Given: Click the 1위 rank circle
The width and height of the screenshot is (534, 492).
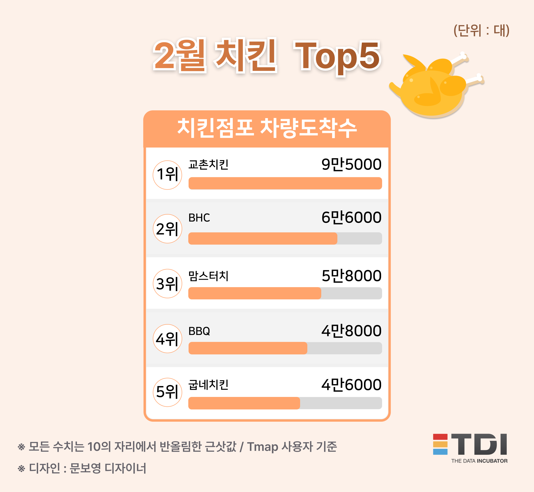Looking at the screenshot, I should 167,175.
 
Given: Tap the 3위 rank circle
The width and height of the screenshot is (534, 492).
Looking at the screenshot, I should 167,284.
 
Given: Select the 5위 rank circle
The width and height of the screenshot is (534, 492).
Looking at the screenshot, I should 167,392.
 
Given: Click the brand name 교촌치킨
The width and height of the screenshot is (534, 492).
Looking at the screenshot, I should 208,165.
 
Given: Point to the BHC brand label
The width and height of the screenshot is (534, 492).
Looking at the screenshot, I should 199,218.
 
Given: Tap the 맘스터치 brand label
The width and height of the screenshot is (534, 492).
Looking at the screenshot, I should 208,276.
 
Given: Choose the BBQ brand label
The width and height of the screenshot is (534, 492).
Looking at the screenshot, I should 199,331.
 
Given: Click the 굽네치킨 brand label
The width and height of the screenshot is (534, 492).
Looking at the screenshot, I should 208,385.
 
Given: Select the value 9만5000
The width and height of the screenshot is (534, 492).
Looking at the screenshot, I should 351,164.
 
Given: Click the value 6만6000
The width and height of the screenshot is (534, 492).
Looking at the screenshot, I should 351,217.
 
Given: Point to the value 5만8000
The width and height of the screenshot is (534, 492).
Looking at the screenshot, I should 351,276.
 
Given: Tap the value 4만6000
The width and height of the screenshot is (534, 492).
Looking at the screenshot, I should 351,385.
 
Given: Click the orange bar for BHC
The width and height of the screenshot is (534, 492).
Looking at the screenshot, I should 263,238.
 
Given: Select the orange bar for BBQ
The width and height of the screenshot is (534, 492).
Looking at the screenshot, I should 248,348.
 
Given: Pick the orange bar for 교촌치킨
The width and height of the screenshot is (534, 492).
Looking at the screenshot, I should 285,183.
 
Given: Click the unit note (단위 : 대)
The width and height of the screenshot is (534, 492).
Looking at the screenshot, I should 481,31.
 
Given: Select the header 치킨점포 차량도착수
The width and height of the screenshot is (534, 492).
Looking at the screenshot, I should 267,128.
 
